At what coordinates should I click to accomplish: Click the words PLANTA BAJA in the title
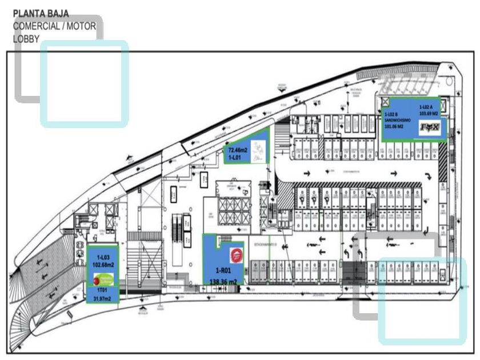(x=37, y=11)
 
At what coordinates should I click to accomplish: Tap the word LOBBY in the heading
(x=26, y=39)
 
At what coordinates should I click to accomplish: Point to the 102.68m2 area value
(x=103, y=265)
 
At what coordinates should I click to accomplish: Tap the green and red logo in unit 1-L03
(x=102, y=279)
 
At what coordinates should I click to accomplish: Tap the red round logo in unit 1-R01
(x=235, y=254)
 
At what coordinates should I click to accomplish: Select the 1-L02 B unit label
(x=393, y=114)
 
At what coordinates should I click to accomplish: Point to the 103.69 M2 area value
(x=428, y=114)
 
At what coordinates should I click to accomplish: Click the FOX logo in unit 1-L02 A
(x=430, y=129)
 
